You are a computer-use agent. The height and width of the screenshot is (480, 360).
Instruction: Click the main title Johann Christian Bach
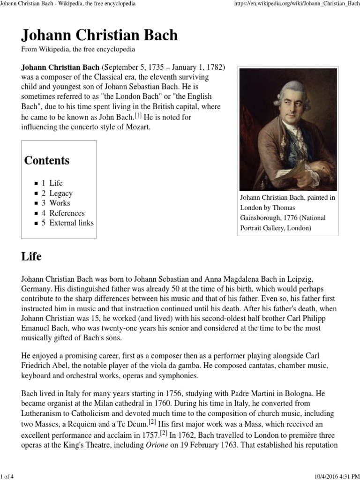click(99, 35)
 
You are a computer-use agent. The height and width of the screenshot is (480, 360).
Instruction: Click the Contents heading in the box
click(47, 160)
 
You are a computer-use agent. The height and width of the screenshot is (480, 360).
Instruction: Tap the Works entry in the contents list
click(60, 203)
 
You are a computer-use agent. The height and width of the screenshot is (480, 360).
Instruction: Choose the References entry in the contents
click(67, 213)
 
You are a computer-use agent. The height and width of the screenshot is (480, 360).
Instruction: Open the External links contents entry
click(71, 223)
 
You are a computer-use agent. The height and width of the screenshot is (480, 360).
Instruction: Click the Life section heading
click(31, 256)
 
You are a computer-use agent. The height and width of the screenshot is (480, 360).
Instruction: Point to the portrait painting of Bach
click(288, 129)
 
